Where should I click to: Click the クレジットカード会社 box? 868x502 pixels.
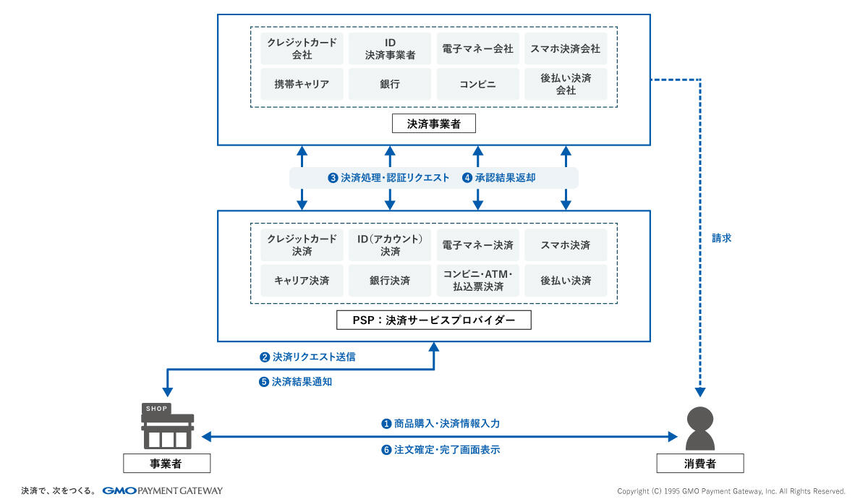302,48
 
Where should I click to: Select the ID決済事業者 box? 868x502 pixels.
390,48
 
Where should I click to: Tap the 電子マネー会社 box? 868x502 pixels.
477,48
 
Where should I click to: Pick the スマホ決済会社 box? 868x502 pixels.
566,48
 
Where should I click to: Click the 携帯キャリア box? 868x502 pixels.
302,84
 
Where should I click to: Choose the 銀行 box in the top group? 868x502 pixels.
390,84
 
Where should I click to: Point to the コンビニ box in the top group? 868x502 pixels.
477,84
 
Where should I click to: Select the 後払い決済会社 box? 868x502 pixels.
566,84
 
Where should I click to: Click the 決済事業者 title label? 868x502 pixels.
434,124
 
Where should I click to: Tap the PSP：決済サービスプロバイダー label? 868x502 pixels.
434,320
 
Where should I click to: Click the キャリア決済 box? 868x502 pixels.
302,281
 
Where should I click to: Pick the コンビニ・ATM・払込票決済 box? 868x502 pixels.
477,281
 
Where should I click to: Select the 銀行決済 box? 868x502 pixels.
390,281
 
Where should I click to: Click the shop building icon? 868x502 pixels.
167,427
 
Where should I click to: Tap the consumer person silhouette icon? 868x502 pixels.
699,429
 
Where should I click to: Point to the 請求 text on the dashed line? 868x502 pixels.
721,237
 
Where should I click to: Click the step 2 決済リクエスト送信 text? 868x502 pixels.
307,357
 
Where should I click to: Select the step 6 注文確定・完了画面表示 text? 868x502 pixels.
441,450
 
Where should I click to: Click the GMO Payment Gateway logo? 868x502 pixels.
163,490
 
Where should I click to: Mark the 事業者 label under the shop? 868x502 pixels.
167,463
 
